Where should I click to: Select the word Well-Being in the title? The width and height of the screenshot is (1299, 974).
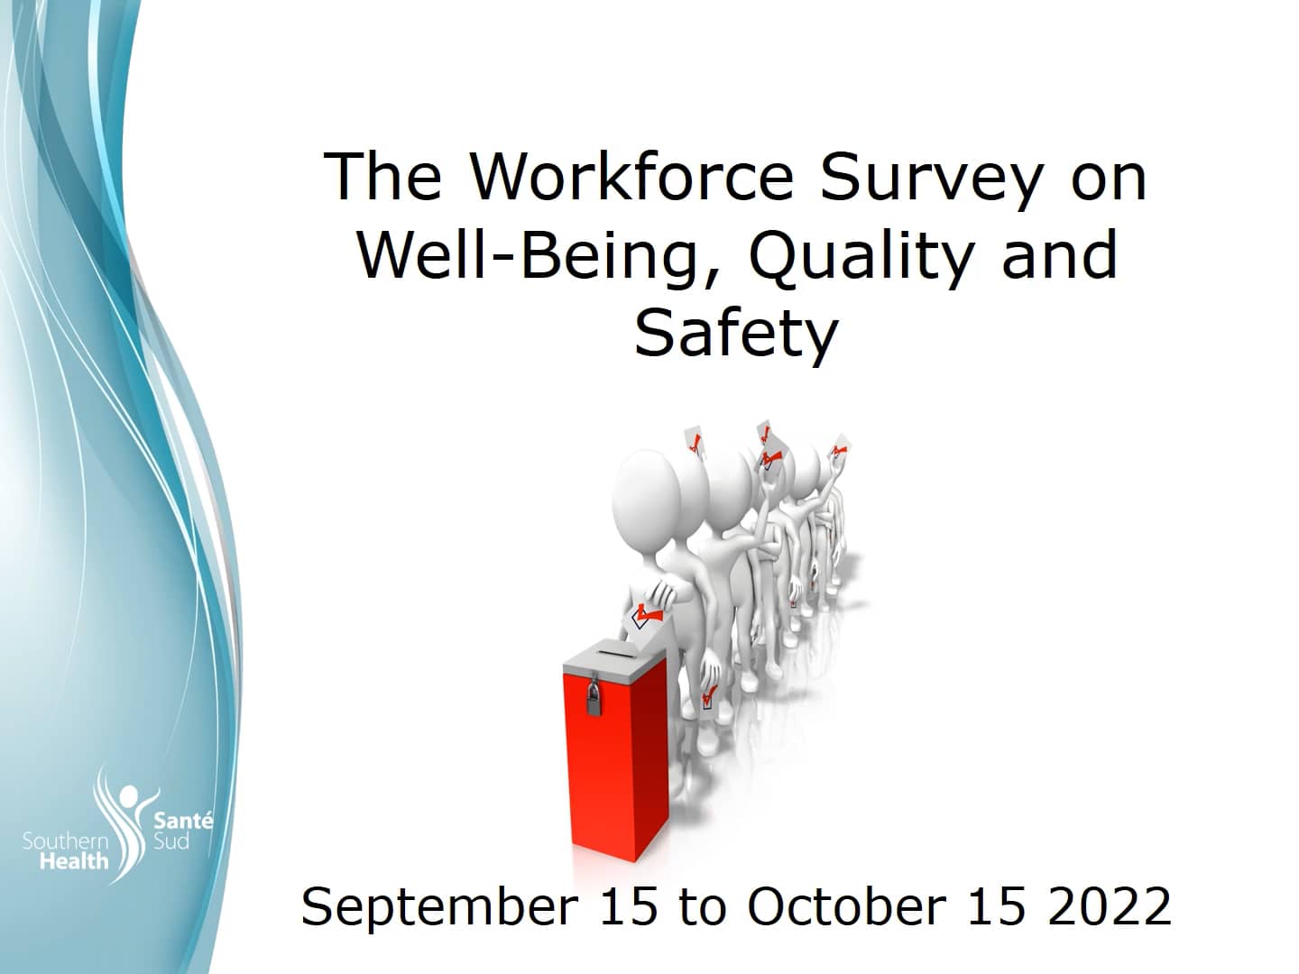pyautogui.click(x=528, y=255)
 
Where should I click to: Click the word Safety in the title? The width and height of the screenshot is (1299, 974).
pyautogui.click(x=736, y=335)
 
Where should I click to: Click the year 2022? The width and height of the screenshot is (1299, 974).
pyautogui.click(x=1110, y=905)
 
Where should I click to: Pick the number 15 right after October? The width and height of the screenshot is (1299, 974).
pyautogui.click(x=997, y=905)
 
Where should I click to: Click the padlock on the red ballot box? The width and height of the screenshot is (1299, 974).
pyautogui.click(x=594, y=699)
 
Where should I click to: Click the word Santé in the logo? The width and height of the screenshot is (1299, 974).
pyautogui.click(x=183, y=821)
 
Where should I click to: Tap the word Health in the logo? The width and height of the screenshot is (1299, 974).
pyautogui.click(x=74, y=861)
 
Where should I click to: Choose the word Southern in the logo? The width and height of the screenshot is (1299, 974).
pyautogui.click(x=65, y=841)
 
